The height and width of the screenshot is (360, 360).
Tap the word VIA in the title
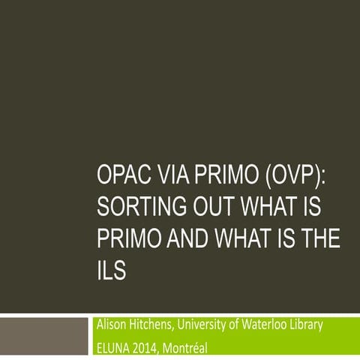(x=172, y=181)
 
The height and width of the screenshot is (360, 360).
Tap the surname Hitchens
(x=157, y=325)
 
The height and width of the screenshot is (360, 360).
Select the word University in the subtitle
(x=211, y=325)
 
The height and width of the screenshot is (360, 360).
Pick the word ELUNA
(x=116, y=347)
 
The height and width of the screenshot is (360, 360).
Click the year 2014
(x=154, y=347)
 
